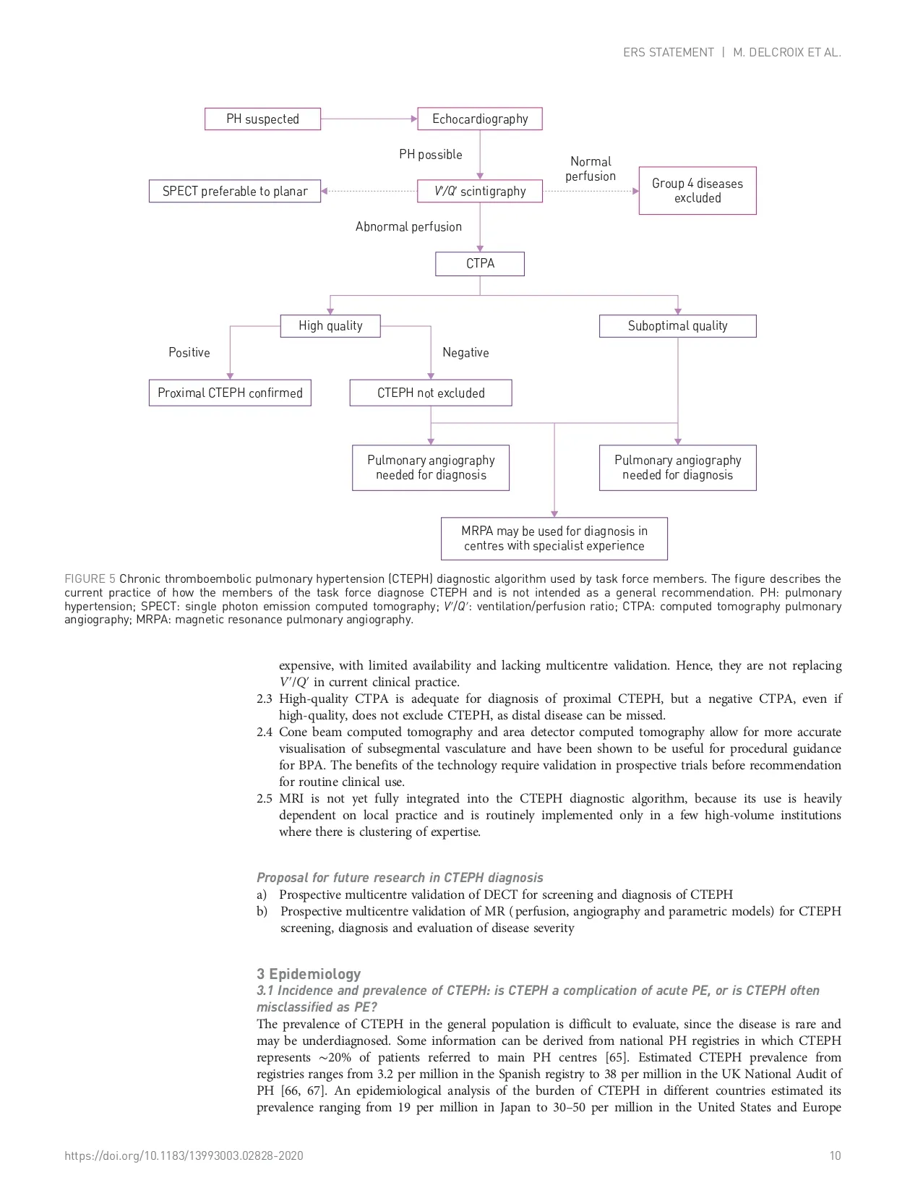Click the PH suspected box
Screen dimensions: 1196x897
point(262,119)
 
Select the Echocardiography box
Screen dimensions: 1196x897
point(480,119)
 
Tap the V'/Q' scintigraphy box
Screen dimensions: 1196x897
point(480,192)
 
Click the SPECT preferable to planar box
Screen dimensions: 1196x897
point(235,192)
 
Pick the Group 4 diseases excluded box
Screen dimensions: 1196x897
point(698,191)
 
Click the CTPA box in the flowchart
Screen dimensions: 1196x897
point(480,264)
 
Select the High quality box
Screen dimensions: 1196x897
point(330,326)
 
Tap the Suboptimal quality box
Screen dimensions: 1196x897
point(677,326)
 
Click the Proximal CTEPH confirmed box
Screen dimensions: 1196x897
point(230,393)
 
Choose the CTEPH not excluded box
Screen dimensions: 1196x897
point(431,393)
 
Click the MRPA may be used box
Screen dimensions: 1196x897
point(554,539)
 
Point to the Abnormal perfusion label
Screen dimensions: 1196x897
point(408,227)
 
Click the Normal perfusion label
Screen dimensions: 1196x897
point(591,169)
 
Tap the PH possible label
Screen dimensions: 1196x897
point(430,155)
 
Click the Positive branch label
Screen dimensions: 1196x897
point(189,353)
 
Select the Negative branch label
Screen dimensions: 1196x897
point(465,353)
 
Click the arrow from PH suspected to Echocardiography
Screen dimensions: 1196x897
point(369,119)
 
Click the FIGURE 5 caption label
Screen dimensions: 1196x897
point(90,579)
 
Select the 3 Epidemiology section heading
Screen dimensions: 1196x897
point(309,974)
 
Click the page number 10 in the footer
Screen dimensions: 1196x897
point(835,1156)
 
